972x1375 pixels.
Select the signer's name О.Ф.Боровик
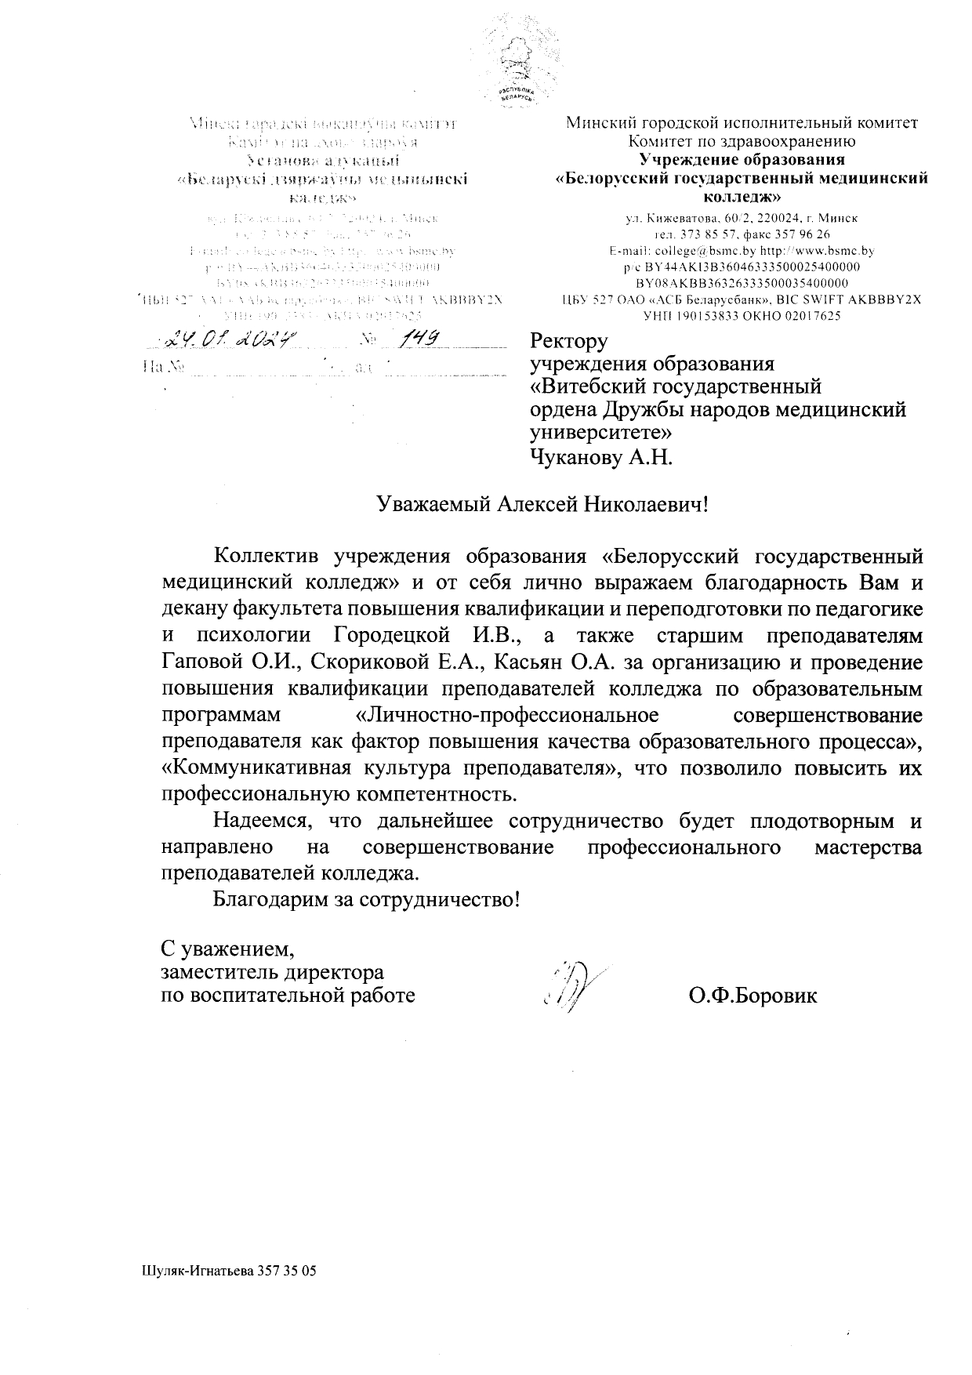753,996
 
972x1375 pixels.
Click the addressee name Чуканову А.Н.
601,457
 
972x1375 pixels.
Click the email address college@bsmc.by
704,251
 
